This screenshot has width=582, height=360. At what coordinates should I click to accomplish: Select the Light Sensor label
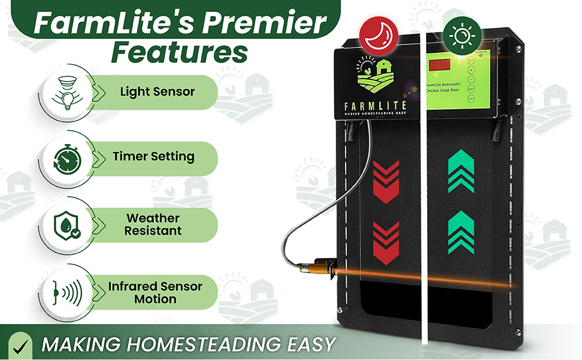[x=157, y=92]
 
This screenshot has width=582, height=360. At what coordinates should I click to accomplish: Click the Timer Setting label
[x=154, y=157]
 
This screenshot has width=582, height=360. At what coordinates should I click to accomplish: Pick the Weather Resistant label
[x=154, y=224]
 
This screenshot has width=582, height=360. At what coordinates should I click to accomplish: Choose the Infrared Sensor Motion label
[x=155, y=292]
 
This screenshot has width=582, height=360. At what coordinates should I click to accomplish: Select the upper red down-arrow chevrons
[x=386, y=175]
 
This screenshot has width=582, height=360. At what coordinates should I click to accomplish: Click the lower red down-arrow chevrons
[x=386, y=241]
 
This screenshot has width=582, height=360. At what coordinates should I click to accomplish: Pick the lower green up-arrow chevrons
[x=461, y=232]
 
